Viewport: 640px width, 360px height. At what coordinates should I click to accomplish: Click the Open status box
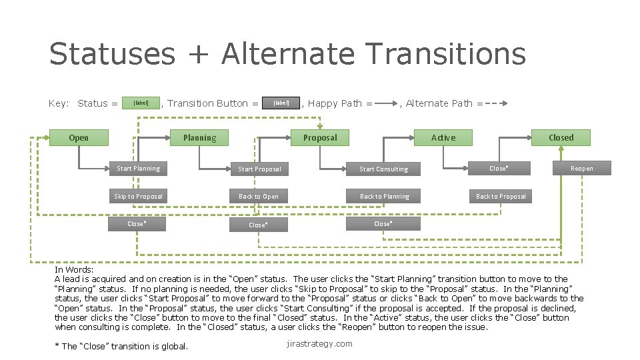[x=79, y=138]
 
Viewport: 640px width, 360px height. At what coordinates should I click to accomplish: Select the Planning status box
[x=199, y=138]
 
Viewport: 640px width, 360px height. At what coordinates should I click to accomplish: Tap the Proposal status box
[x=320, y=138]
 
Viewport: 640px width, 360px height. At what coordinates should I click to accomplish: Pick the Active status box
[x=443, y=138]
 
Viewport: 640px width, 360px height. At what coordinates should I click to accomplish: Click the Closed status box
[x=561, y=138]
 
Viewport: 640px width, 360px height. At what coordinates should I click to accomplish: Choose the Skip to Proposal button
[x=138, y=197]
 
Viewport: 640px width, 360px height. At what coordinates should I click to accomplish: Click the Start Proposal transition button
[x=259, y=169]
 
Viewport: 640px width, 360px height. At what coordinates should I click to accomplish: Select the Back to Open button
[x=259, y=197]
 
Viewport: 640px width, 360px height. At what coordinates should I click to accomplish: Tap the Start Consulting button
[x=383, y=169]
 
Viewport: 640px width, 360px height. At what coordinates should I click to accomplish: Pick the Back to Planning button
[x=384, y=197]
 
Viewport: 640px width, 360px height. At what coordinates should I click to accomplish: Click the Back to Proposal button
[x=501, y=197]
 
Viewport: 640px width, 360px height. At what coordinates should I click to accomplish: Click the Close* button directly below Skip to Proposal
[x=137, y=224]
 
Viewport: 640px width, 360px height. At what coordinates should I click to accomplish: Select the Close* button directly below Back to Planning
[x=383, y=224]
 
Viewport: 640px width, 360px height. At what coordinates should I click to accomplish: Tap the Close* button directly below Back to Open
[x=259, y=225]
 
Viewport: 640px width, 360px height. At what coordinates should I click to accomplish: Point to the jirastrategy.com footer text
[x=319, y=344]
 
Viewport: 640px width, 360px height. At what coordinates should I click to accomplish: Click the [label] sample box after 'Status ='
[x=141, y=103]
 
